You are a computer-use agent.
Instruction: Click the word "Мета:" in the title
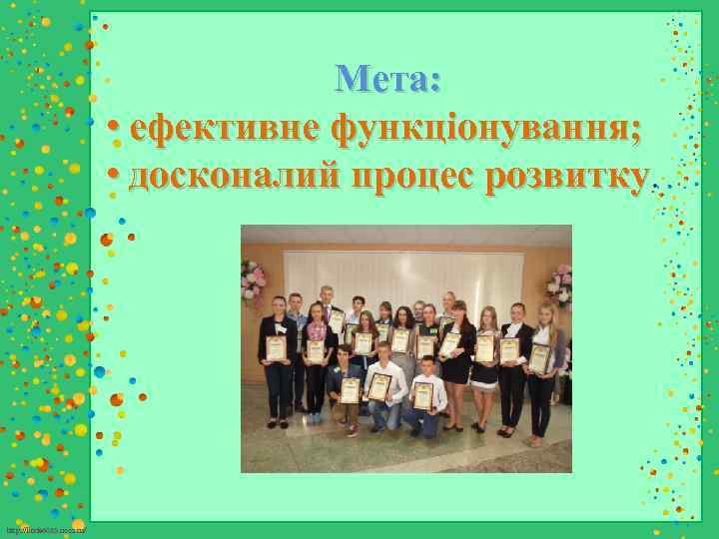[388, 78]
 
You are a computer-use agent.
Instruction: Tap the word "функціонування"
[486, 129]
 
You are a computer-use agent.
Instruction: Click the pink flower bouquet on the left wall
[254, 280]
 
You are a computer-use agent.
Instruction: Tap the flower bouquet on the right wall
[559, 284]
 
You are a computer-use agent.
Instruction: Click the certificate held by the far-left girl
[277, 348]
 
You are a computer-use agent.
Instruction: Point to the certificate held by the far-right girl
[540, 357]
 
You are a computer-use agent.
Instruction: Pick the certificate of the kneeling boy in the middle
[379, 385]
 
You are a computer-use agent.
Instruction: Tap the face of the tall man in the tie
[326, 295]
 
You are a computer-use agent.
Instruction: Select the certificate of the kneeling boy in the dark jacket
[350, 389]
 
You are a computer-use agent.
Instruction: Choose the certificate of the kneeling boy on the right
[422, 395]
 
